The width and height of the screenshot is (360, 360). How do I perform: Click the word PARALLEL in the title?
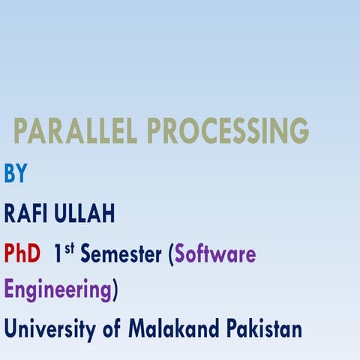[77, 132]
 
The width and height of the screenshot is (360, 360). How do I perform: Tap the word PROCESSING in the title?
[228, 132]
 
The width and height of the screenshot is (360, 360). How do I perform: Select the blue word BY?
[16, 173]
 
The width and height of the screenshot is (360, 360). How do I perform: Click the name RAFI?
[26, 214]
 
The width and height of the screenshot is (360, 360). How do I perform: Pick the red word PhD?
[22, 255]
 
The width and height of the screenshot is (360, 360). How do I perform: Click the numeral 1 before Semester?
[57, 255]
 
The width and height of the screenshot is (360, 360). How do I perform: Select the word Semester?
[121, 255]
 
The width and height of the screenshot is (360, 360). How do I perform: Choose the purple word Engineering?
[57, 290]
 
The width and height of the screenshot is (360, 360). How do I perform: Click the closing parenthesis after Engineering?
[114, 290]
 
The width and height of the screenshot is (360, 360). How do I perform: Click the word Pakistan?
[265, 328]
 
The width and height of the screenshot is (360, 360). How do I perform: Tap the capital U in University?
[11, 328]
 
